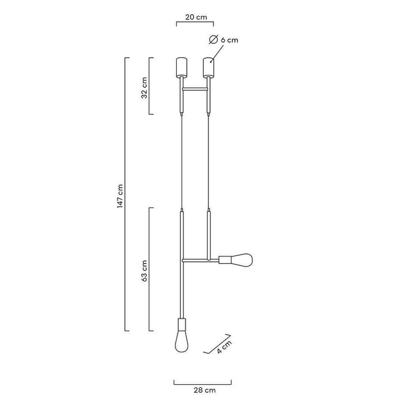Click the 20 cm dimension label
coord(196,17)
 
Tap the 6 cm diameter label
coord(230,40)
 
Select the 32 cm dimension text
coord(144,88)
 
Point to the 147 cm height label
coord(120,196)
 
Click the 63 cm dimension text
coord(144,271)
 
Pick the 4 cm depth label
coord(224,347)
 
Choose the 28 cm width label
coord(205,390)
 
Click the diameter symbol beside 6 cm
coord(213,40)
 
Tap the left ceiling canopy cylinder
coord(182,67)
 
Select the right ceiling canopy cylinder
coord(209,67)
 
